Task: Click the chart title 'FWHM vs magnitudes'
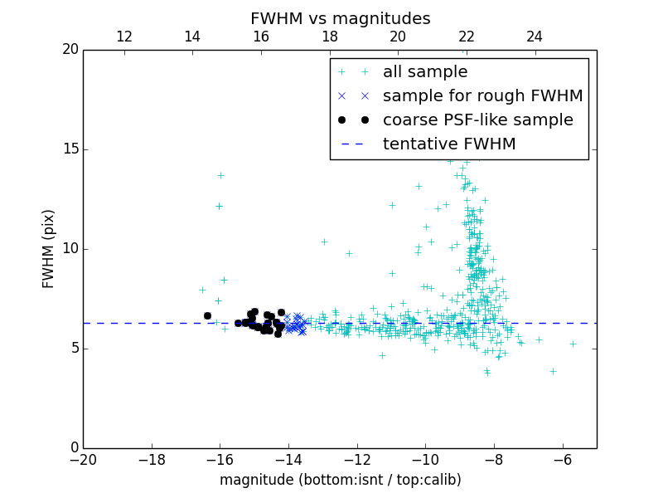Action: pos(340,18)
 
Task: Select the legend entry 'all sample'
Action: pos(425,72)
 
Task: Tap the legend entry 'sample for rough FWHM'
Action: pos(482,96)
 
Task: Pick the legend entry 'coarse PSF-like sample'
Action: pos(477,120)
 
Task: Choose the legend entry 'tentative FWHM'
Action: pos(448,144)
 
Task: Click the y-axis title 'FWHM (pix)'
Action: pos(49,249)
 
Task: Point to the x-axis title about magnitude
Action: pos(340,480)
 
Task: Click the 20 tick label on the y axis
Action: pos(70,50)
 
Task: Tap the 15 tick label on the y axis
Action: pos(70,149)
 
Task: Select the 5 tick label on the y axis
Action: pos(73,349)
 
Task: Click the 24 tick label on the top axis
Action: pos(535,37)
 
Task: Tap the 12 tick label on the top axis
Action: pos(124,37)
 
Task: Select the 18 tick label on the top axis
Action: pos(330,37)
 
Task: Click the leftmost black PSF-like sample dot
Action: pos(207,315)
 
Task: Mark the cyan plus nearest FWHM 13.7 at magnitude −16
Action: pos(220,175)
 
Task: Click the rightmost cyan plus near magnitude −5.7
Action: pos(573,344)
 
